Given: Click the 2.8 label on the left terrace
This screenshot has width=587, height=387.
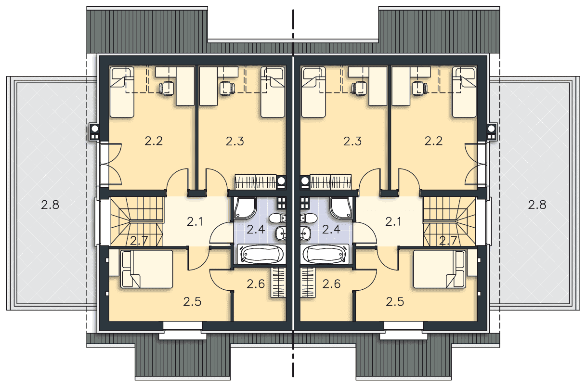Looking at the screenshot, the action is (x=50, y=205).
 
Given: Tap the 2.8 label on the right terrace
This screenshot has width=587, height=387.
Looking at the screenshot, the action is (x=537, y=205).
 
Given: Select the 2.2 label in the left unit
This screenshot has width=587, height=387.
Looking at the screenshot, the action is (x=154, y=141).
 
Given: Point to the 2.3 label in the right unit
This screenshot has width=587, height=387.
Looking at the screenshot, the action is (x=352, y=141).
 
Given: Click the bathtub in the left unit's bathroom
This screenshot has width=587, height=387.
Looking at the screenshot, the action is (x=261, y=254).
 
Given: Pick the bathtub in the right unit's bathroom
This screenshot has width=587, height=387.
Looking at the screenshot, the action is (x=325, y=254).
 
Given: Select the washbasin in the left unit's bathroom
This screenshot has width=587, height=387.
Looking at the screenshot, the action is (x=280, y=233).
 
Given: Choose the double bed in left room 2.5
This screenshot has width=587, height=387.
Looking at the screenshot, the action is (x=147, y=269).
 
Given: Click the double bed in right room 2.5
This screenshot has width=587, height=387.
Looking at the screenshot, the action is (x=440, y=269).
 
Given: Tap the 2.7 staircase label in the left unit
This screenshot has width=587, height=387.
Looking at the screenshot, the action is (x=139, y=241).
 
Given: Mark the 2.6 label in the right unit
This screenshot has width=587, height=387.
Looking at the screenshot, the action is (x=331, y=284).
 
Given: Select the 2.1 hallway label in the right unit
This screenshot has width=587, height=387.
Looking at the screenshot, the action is (x=393, y=222).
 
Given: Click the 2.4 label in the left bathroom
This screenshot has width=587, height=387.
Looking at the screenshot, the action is (x=256, y=230).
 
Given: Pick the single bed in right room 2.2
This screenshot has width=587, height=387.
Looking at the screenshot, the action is (x=464, y=92).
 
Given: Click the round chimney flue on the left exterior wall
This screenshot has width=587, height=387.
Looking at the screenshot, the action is (x=95, y=129).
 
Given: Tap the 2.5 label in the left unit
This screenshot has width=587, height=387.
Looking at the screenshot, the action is (x=192, y=302).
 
